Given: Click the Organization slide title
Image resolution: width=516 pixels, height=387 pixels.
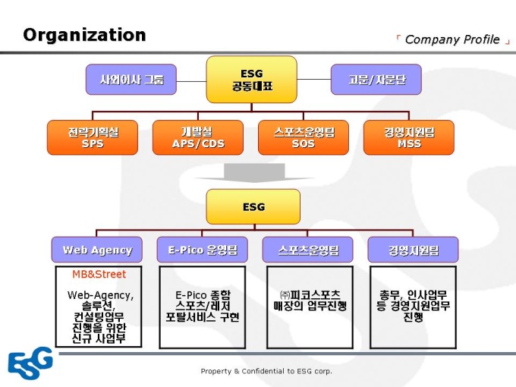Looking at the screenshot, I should pos(84,35).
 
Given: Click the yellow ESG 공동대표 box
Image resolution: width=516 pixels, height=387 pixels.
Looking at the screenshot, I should pos(252,80).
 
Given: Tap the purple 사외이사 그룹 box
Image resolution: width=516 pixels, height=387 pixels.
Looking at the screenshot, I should pos(131,79).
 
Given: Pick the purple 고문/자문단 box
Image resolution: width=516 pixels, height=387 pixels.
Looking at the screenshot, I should pos(376,79).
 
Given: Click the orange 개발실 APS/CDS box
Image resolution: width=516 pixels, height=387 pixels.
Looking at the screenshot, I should pos(198,137).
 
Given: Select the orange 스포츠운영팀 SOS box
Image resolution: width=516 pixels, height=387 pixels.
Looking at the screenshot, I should pos(304,137).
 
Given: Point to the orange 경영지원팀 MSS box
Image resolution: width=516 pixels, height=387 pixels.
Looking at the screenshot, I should pos(409,137).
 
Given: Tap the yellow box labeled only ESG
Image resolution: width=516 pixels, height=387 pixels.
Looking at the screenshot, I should pos(253,206).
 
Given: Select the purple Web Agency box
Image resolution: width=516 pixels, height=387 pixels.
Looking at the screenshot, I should pos(97,250).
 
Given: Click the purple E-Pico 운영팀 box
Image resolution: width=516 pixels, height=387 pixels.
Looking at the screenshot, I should pos(203,250).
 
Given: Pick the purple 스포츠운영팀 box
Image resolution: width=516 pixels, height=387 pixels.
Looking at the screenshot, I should pos(308,250).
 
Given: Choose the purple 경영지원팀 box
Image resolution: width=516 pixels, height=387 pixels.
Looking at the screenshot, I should pos(414,250).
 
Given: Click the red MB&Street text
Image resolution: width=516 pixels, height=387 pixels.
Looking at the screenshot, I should pos(99,275).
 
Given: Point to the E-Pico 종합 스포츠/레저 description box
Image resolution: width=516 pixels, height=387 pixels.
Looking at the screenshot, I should pos(203,306).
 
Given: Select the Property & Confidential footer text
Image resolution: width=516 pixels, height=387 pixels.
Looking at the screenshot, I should pos(266,371).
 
